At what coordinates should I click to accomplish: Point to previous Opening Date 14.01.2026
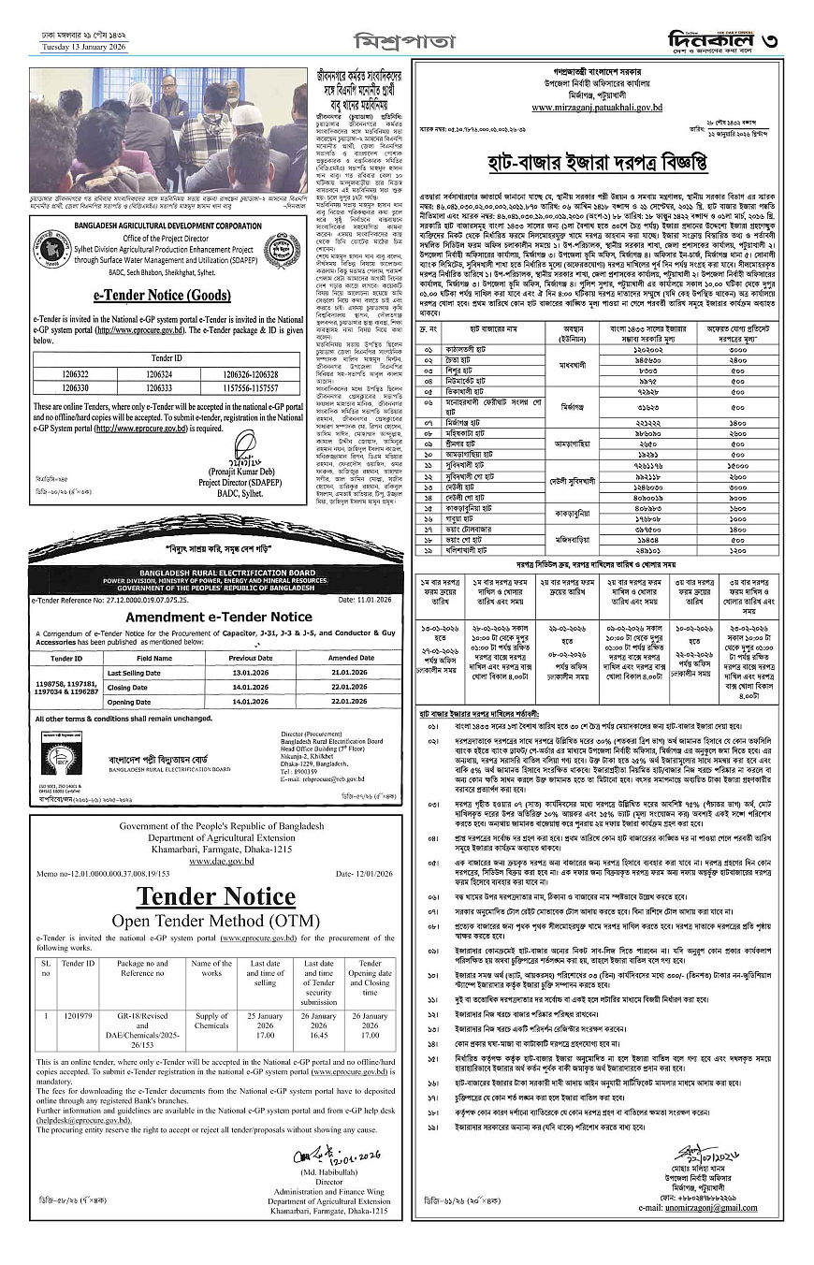pyautogui.click(x=239, y=701)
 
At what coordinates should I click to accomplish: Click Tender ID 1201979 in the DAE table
pyautogui.click(x=78, y=1014)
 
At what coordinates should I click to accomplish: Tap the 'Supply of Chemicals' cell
pyautogui.click(x=211, y=1020)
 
